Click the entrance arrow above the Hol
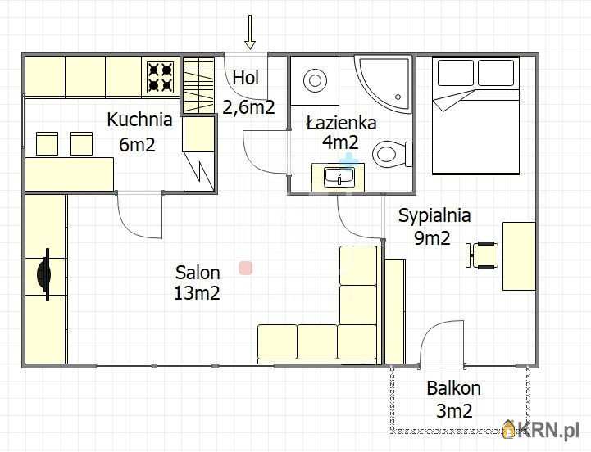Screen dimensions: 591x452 tap(249, 32)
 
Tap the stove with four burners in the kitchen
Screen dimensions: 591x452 tap(160, 77)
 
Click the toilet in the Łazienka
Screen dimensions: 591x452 tap(392, 155)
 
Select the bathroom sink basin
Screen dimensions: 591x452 tap(339, 177)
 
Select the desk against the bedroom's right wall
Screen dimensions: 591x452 tap(519, 256)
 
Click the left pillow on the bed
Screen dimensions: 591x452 tap(455, 72)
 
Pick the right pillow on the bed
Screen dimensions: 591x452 tap(496, 72)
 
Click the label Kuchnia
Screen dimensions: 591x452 tap(139, 120)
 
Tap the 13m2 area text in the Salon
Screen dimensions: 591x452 tap(197, 292)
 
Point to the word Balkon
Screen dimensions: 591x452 tap(453, 388)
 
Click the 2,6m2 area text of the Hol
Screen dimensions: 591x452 tap(248, 107)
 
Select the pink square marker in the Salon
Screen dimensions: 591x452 tap(245, 269)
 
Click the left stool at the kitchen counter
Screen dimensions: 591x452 tap(47, 143)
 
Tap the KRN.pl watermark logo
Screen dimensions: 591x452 tap(540, 429)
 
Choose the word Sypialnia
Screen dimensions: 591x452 tap(434, 216)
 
